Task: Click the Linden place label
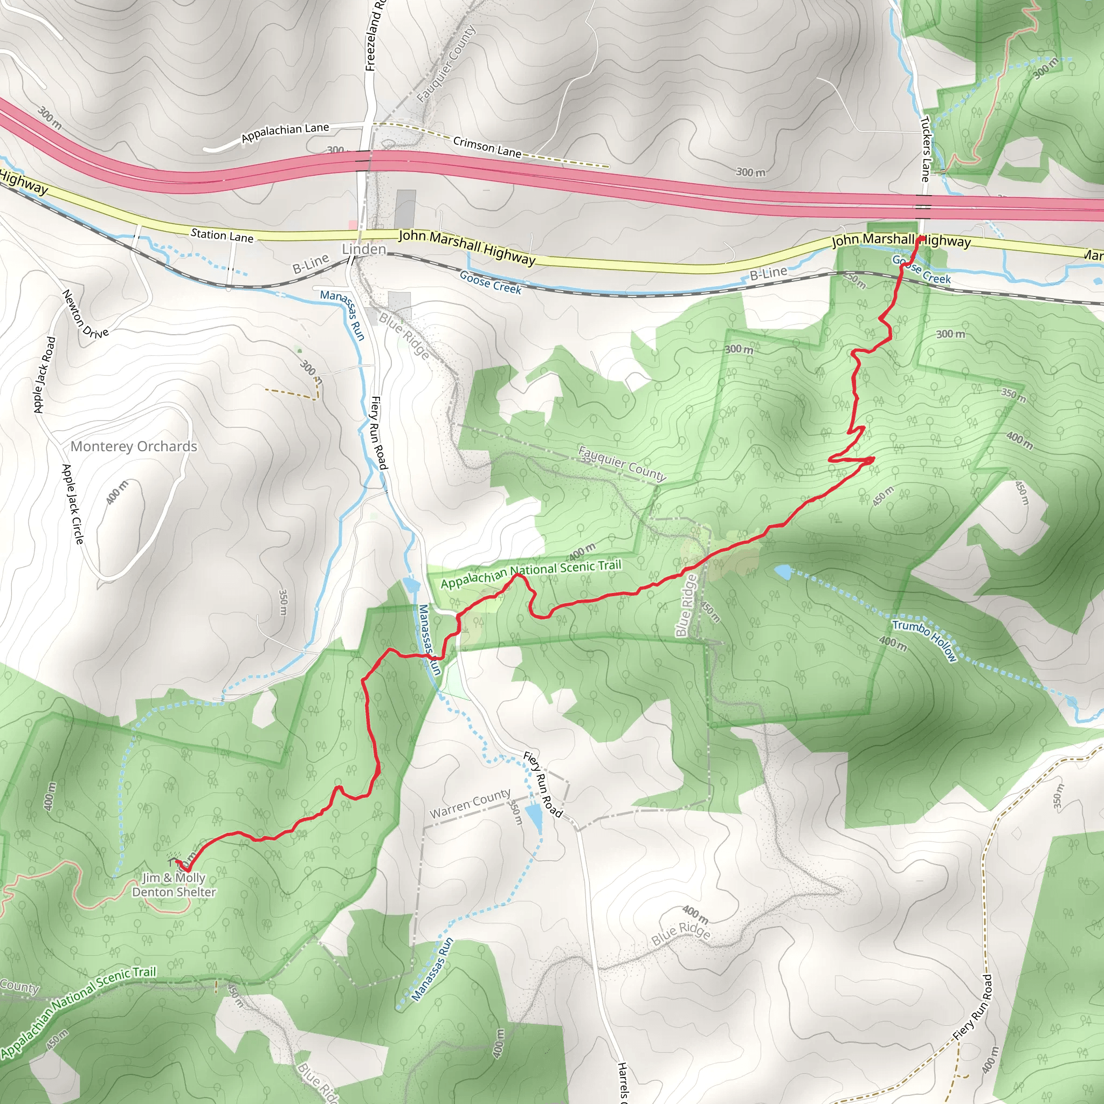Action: (363, 249)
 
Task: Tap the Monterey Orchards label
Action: (134, 446)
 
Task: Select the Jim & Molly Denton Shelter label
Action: (174, 885)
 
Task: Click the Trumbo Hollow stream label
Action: (924, 640)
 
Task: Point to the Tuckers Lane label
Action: (925, 149)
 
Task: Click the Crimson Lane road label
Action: (487, 147)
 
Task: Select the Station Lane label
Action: (222, 235)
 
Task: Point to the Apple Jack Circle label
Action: (73, 503)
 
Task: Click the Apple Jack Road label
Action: (45, 374)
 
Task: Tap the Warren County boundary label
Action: (470, 803)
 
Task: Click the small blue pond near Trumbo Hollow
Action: (783, 572)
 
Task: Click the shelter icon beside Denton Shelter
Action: (171, 859)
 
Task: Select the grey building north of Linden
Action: (405, 209)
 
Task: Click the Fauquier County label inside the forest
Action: (622, 464)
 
